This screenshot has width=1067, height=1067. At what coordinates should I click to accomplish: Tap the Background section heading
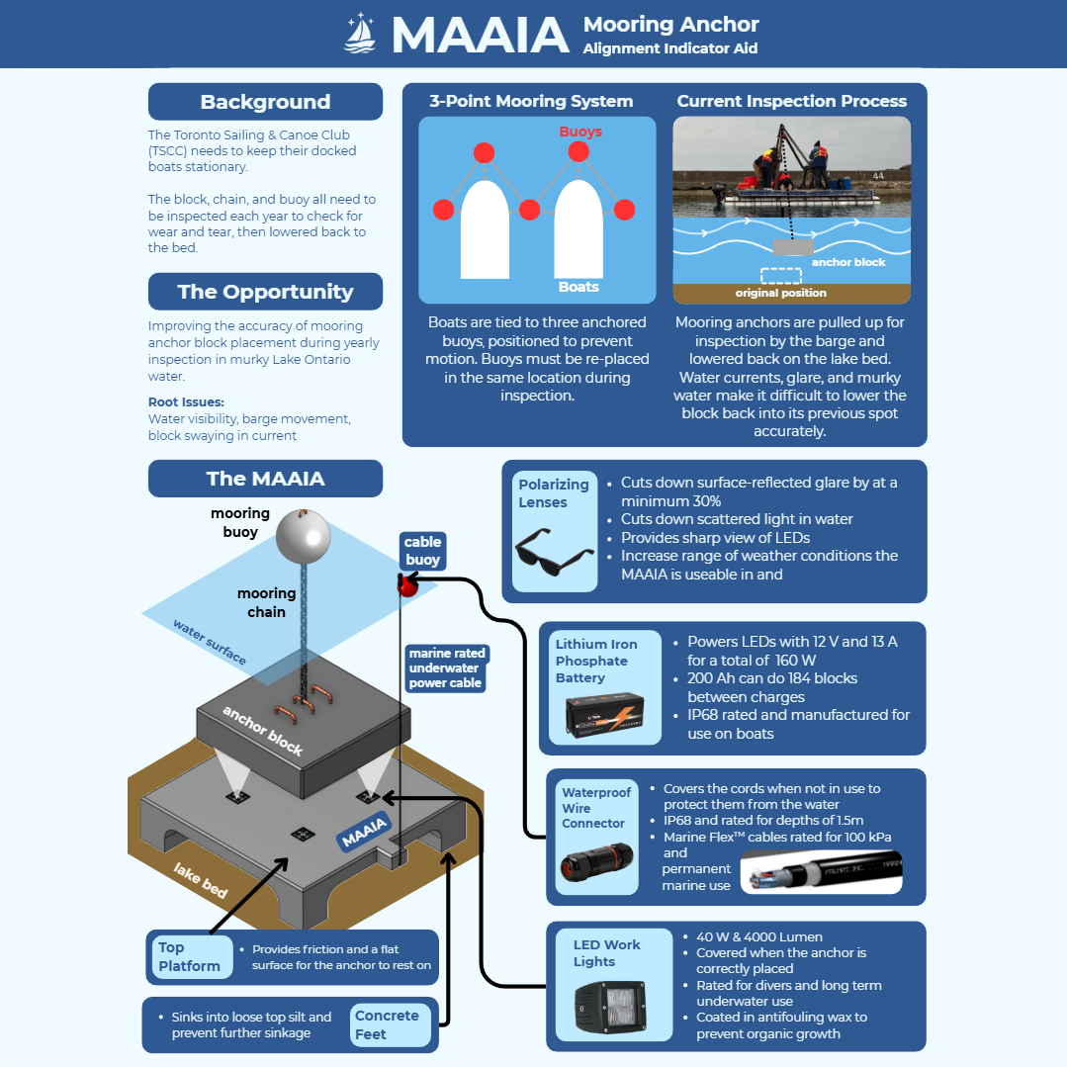(265, 102)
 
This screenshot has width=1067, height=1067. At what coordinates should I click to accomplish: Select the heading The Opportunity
(265, 292)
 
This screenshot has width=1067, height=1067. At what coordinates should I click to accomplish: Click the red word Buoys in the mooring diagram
(580, 132)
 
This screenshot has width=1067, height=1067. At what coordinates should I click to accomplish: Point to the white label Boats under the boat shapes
(578, 287)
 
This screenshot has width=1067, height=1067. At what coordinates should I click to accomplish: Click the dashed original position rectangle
(780, 276)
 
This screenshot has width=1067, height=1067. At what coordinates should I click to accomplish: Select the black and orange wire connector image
(595, 862)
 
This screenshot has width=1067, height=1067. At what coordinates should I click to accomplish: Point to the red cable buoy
(406, 585)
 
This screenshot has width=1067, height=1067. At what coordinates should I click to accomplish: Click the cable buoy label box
(422, 551)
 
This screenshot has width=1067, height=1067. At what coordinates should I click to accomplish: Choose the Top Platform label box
(189, 956)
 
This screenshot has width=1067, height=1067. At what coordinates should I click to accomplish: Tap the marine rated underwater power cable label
(445, 667)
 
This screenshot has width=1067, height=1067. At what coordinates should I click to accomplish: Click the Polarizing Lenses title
(553, 493)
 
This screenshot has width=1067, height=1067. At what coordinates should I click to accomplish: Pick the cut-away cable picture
(821, 871)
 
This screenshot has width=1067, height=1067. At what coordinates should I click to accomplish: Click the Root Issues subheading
(186, 402)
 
